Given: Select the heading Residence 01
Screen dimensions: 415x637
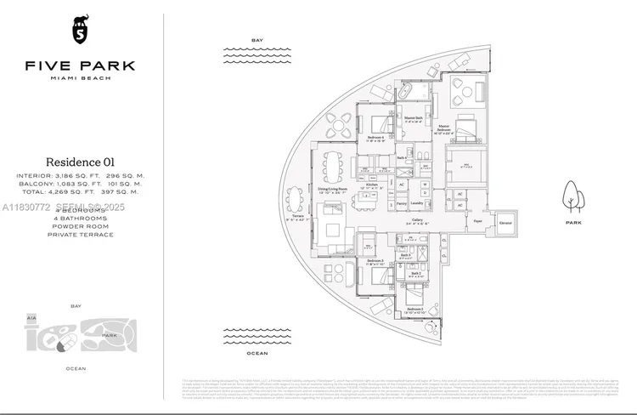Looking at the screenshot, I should coord(80,162).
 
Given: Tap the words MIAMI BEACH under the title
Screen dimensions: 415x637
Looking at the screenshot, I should coord(80,77).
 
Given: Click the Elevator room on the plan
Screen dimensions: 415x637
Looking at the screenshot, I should coord(506,225).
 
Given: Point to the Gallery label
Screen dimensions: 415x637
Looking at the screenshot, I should coord(417,219).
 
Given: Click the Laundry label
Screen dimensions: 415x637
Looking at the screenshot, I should coord(417,203).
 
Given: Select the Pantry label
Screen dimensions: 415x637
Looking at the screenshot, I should coord(400,203).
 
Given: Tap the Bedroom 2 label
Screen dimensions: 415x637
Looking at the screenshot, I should coord(414,309).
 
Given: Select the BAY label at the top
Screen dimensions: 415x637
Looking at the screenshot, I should coord(257,40).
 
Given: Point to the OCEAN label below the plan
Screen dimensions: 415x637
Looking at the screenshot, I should coord(257,352).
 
